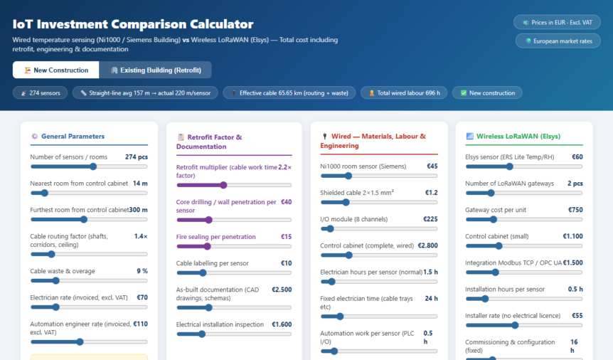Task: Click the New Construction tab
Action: coord(56,70)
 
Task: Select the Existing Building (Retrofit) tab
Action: coord(156,70)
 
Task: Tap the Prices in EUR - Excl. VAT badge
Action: coord(557,23)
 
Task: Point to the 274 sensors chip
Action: coord(41,93)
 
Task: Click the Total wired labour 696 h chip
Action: coord(404,93)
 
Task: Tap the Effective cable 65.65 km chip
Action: coord(289,93)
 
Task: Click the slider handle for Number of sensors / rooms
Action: coord(93,166)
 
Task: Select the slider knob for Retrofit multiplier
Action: coord(223,185)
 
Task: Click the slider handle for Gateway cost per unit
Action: coord(494,220)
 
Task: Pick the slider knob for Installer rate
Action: coord(515,325)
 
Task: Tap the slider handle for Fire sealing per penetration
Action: coord(207,246)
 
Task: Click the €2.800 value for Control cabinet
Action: coord(427,245)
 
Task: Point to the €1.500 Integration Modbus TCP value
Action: coord(572,263)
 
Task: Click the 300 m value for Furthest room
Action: coord(139,210)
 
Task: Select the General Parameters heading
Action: coord(73,137)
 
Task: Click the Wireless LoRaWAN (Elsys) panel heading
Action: coord(518,137)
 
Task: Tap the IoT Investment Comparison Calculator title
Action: coord(133,24)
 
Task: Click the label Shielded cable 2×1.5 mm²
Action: coord(357,193)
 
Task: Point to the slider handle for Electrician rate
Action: coord(56,307)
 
